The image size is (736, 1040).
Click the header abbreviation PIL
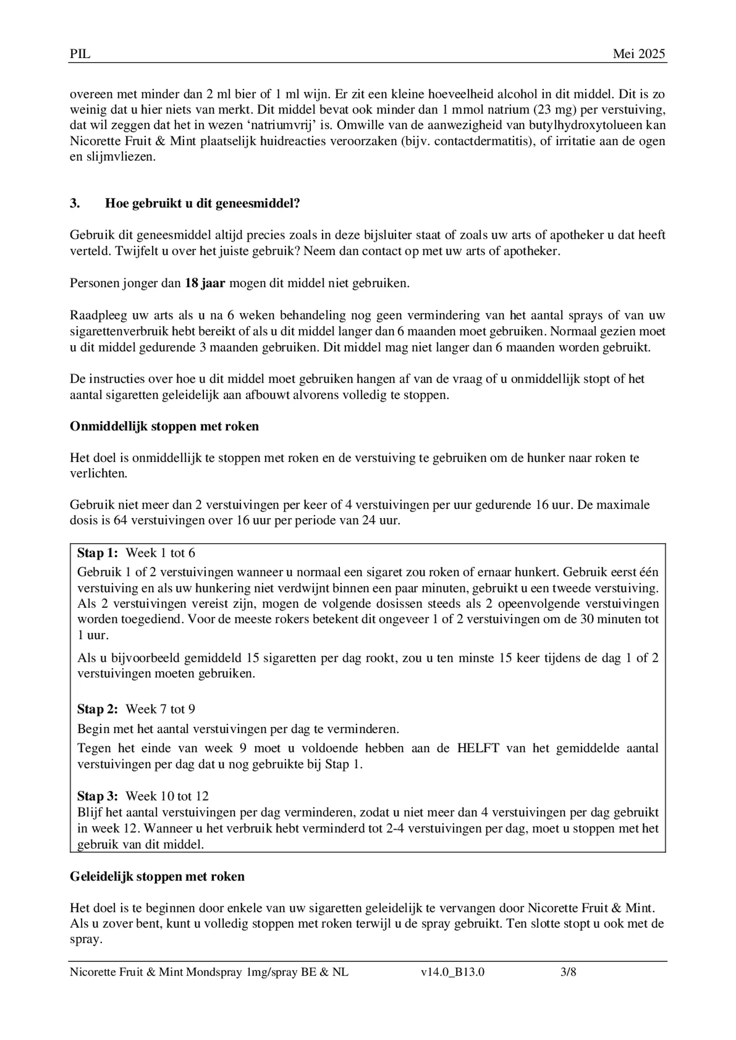coord(80,54)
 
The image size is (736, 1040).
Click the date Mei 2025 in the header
coord(638,54)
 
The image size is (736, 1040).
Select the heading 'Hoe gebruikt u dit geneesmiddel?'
coord(202,203)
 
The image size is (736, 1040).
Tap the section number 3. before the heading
coord(75,203)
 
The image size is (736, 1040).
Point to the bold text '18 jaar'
coord(205,284)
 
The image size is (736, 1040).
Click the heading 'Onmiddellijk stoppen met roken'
coord(164,426)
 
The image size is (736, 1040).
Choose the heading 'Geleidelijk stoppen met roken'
coord(157,877)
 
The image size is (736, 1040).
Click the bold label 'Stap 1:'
coord(98,553)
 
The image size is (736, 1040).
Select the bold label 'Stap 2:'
coord(98,709)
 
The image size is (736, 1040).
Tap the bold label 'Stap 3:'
coord(98,796)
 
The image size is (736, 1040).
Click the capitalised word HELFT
coord(478,748)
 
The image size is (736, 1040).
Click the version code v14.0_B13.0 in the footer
coord(452,973)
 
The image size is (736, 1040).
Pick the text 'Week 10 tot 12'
coord(167,796)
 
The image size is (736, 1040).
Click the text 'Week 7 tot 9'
coord(160,709)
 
